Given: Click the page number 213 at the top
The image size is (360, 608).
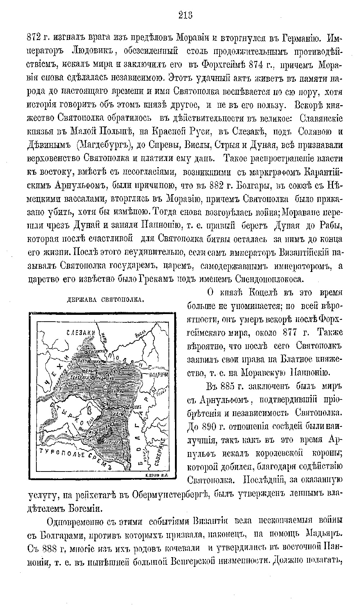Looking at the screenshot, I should [x=185, y=15].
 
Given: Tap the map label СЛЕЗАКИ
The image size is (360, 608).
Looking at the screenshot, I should [x=80, y=333].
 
